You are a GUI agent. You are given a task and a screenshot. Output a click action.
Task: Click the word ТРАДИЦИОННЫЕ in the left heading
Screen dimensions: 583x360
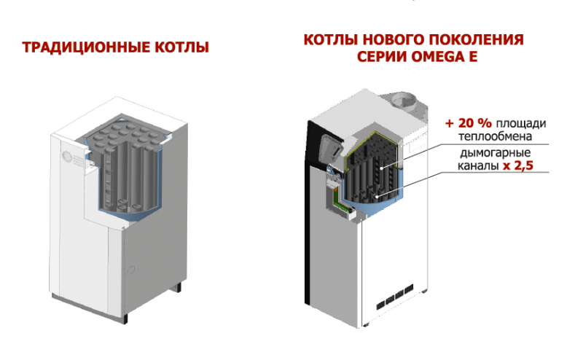[x=85, y=47]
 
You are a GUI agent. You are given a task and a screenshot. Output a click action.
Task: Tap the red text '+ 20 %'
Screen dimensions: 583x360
[x=469, y=123]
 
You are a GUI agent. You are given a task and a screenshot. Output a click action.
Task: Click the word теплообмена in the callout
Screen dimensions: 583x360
[x=496, y=136]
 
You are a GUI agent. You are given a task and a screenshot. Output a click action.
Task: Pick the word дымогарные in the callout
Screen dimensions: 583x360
[x=496, y=153]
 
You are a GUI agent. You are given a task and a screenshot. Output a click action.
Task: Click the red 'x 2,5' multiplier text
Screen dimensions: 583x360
[x=518, y=165]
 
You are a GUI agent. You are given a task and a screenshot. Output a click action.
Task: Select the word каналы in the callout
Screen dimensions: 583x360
[x=478, y=166]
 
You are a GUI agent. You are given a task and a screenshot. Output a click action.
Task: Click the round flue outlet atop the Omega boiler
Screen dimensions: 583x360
[x=405, y=101]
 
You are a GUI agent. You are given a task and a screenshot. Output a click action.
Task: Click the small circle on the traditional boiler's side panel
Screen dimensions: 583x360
[x=130, y=270]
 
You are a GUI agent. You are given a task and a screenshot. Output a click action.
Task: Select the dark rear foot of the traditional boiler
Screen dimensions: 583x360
[x=179, y=287]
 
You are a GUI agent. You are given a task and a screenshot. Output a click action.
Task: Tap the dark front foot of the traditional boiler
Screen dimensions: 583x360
[x=125, y=319]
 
